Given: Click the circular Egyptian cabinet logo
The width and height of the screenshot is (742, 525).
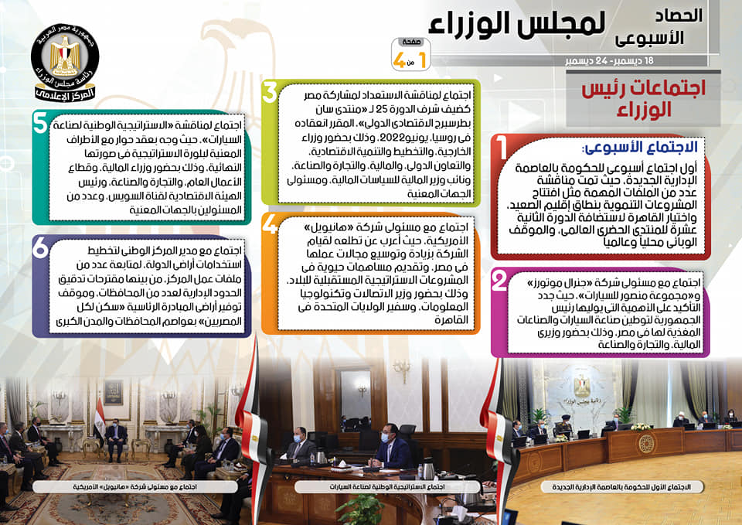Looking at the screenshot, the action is (x=65, y=62).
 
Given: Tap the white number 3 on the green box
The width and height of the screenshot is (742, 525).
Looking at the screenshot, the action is (x=269, y=91).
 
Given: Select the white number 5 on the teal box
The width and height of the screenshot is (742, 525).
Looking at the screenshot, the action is (x=40, y=123).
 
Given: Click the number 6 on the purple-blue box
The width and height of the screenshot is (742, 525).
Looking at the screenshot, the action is (x=40, y=247).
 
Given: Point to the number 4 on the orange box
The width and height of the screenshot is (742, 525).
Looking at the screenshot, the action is (x=270, y=224).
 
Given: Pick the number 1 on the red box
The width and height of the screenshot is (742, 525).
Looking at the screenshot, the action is (x=502, y=148).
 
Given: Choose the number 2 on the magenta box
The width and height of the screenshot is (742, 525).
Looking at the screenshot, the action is (x=499, y=280).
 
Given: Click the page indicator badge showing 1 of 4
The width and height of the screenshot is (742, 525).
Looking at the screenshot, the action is (x=410, y=54).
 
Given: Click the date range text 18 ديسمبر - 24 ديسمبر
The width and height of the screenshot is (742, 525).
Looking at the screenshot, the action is (x=609, y=61).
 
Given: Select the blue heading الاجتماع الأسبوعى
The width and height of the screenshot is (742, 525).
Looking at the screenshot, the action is (x=640, y=147).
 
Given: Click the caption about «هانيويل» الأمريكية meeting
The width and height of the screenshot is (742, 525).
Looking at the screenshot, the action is (x=134, y=486).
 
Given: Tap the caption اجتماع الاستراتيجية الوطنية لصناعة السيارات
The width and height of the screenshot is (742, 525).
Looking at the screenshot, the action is (x=387, y=486).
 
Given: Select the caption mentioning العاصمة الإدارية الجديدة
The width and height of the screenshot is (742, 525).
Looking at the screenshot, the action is (x=621, y=486).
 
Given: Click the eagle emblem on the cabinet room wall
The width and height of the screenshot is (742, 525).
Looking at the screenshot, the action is (x=582, y=386).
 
